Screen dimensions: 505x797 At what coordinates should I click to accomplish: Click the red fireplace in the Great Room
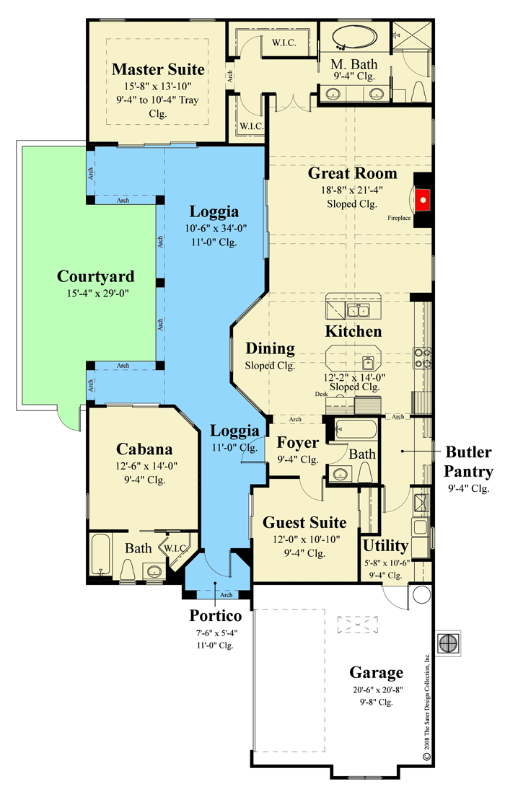pyautogui.click(x=423, y=199)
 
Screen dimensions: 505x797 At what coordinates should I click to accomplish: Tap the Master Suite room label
pyautogui.click(x=158, y=69)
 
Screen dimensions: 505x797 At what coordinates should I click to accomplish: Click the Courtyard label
pyautogui.click(x=96, y=276)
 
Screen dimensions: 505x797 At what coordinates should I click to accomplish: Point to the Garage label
pyautogui.click(x=377, y=672)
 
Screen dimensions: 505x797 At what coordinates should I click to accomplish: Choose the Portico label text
pyautogui.click(x=216, y=615)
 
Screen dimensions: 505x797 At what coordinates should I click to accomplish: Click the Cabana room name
pyautogui.click(x=144, y=449)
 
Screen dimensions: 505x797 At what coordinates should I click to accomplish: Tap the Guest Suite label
pyautogui.click(x=304, y=522)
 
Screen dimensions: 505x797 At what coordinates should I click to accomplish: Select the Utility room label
pyautogui.click(x=385, y=545)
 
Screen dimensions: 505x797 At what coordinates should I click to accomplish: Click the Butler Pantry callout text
pyautogui.click(x=468, y=462)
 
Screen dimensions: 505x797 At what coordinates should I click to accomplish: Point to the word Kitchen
pyautogui.click(x=353, y=331)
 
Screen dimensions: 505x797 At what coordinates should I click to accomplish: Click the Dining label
pyautogui.click(x=270, y=348)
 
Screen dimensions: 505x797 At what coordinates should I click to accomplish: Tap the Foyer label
pyautogui.click(x=297, y=443)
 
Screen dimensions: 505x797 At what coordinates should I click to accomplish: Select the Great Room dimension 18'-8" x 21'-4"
pyautogui.click(x=352, y=190)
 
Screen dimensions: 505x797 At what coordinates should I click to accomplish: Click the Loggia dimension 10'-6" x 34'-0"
pyautogui.click(x=216, y=228)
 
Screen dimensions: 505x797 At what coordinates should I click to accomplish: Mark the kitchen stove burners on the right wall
pyautogui.click(x=423, y=358)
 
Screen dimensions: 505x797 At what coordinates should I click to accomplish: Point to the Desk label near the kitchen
pyautogui.click(x=322, y=394)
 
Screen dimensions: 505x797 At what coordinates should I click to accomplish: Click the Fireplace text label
pyautogui.click(x=399, y=218)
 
